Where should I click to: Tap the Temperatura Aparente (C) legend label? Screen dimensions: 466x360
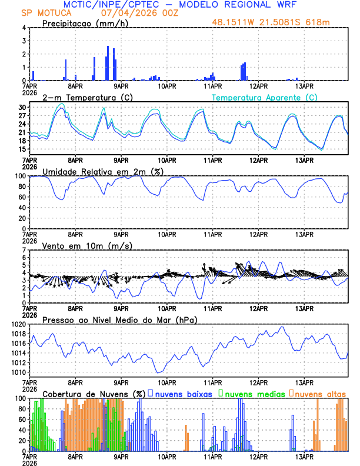265,97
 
